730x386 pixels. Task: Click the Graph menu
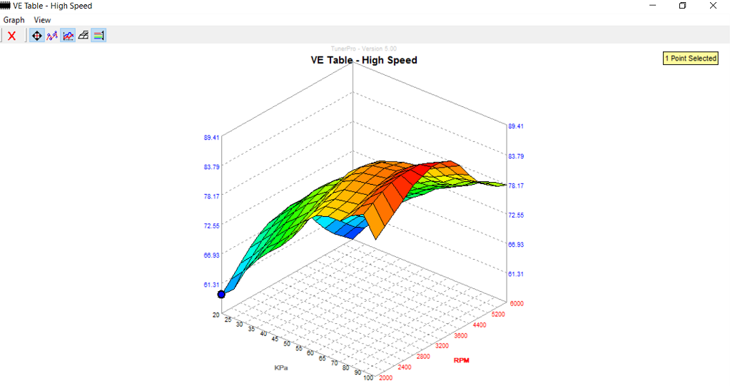(14, 20)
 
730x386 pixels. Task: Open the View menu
(42, 20)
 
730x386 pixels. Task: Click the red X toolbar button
(11, 35)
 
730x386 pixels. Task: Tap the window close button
(712, 6)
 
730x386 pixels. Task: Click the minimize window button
(653, 6)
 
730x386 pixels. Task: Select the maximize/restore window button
(682, 6)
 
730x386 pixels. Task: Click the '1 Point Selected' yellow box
(690, 59)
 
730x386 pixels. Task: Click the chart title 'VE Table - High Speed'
(364, 60)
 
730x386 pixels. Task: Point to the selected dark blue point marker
(221, 294)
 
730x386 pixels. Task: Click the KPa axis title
(281, 367)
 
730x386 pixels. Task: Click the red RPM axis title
(461, 360)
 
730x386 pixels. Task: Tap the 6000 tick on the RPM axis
(516, 303)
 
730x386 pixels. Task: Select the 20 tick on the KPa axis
(216, 314)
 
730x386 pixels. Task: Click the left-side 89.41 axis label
(211, 137)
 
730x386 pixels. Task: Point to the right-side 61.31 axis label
(516, 274)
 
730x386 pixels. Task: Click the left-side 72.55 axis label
(211, 225)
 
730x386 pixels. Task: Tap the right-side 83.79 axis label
(516, 156)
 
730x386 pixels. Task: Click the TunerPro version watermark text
(363, 49)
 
